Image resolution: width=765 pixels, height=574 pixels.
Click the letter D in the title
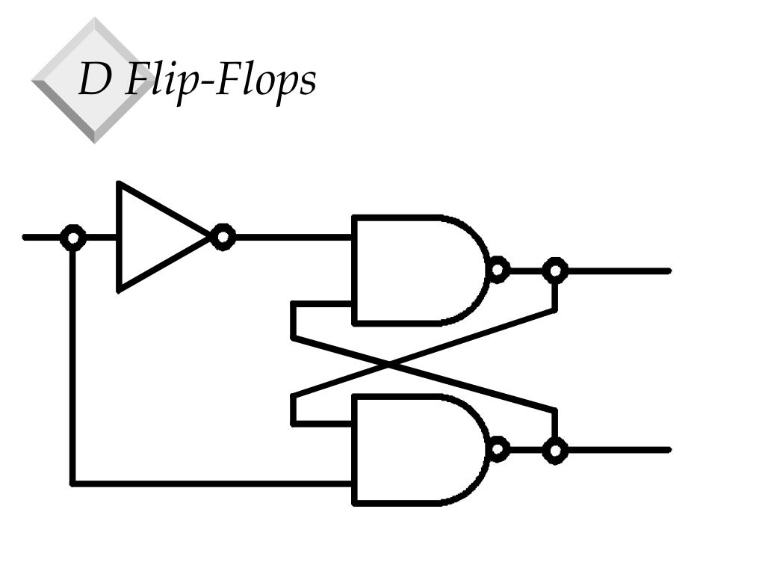(x=94, y=80)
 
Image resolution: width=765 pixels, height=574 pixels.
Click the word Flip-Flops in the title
(x=220, y=80)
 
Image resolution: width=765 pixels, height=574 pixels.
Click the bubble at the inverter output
(x=223, y=238)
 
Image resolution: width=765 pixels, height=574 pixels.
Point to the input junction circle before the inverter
(x=72, y=238)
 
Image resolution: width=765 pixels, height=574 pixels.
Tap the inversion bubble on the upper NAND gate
(x=498, y=270)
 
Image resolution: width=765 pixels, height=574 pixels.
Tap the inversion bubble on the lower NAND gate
(x=498, y=449)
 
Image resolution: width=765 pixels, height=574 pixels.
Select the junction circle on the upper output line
(x=554, y=270)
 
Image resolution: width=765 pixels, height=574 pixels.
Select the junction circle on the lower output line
(x=554, y=450)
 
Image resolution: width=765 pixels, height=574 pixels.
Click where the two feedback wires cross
(x=389, y=364)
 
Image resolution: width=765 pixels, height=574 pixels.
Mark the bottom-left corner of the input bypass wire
(x=72, y=484)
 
